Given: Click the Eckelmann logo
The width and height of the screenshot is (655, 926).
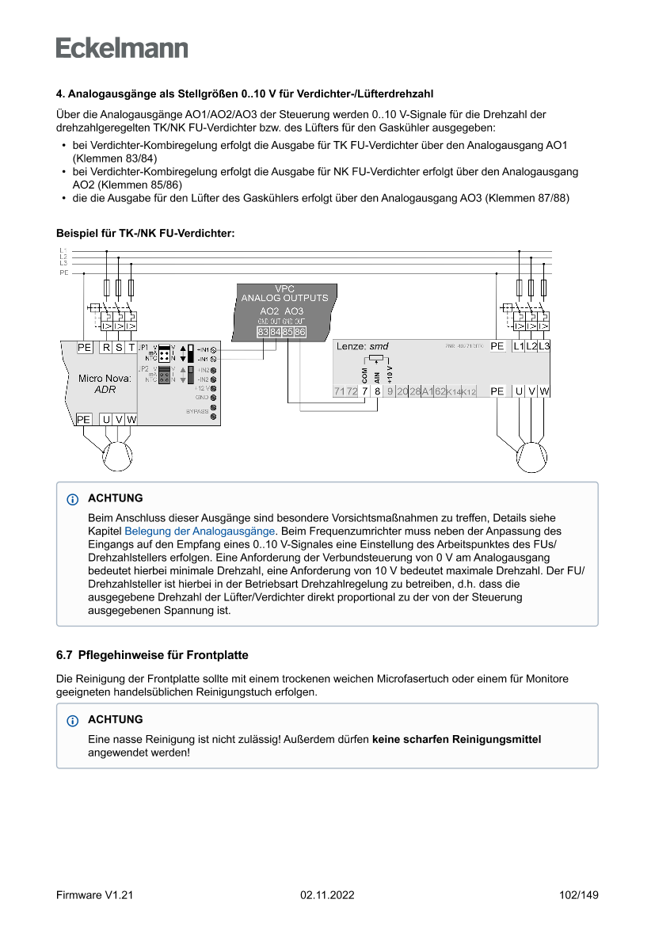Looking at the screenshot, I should click(122, 48).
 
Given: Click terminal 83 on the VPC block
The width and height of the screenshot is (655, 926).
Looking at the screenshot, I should click(262, 332).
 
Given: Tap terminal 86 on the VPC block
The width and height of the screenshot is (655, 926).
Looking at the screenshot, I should click(300, 332).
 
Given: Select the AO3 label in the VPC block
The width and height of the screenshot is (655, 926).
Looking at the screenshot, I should click(294, 311).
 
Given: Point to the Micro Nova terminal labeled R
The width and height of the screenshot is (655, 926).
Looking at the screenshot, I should click(106, 348).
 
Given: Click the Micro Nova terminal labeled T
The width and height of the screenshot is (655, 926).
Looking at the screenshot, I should click(131, 348).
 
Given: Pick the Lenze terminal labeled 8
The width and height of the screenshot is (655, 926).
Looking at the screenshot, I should click(377, 391).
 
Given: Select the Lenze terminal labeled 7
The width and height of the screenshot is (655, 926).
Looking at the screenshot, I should click(364, 391).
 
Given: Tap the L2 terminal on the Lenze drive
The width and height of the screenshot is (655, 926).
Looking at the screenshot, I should click(531, 346).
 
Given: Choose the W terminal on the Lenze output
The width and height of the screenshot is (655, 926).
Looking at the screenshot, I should click(545, 391).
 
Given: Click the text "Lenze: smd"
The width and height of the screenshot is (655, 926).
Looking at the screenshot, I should click(363, 347).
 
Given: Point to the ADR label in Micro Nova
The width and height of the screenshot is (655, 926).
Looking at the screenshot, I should click(105, 390).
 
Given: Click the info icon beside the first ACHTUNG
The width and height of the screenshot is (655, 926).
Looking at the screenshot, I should click(73, 499).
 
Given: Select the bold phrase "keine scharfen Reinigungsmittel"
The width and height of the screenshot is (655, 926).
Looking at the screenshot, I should click(456, 739).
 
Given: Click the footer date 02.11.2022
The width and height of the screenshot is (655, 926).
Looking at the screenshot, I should click(327, 895).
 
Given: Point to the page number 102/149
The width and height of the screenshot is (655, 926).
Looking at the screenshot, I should click(578, 895).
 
